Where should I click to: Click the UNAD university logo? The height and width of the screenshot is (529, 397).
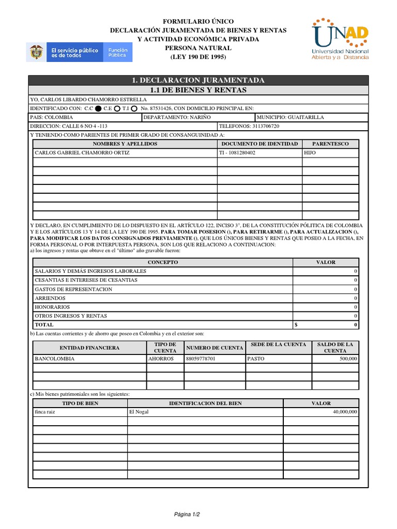(x=340, y=40)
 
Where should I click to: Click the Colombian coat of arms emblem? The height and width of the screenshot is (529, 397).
(x=36, y=52)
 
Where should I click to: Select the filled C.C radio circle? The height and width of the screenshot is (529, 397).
(x=98, y=108)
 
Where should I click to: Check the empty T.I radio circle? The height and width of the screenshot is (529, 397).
(x=134, y=108)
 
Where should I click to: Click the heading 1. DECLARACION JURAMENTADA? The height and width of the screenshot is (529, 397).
(x=198, y=80)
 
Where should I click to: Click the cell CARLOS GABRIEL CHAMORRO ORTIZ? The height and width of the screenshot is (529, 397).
(x=82, y=153)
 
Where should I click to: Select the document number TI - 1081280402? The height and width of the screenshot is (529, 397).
(x=238, y=153)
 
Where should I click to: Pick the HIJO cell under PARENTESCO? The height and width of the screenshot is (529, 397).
(x=310, y=153)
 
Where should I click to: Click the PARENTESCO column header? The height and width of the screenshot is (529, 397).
(x=330, y=144)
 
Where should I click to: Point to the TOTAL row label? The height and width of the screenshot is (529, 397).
(x=44, y=325)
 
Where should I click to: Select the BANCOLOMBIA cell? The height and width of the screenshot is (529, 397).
(x=54, y=359)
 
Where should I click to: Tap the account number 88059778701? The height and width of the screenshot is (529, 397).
(x=201, y=359)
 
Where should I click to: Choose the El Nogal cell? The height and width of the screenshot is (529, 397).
(x=139, y=412)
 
